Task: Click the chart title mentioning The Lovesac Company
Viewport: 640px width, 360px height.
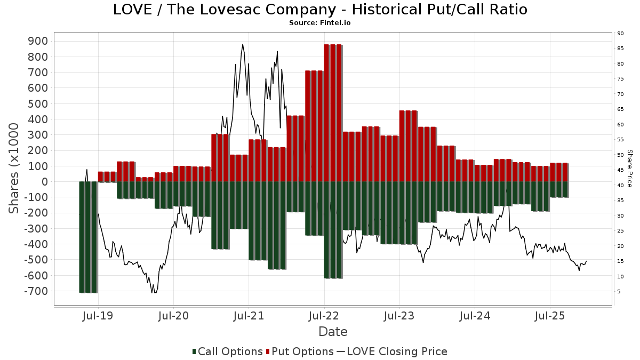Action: click(320, 10)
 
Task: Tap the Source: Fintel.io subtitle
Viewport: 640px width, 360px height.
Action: click(319, 23)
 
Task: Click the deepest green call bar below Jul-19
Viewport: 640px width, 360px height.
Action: click(88, 237)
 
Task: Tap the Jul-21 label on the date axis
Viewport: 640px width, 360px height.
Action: click(249, 316)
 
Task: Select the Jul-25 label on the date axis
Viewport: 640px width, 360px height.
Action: click(550, 316)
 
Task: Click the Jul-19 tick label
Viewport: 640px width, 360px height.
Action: click(98, 316)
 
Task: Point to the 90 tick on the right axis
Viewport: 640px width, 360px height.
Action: click(620, 34)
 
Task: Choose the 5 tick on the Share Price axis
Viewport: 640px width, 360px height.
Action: click(619, 292)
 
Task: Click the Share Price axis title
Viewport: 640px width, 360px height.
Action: click(629, 168)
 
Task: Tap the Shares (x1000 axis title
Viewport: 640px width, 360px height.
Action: click(14, 168)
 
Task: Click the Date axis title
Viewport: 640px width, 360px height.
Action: click(333, 332)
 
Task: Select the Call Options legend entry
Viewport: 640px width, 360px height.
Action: click(228, 351)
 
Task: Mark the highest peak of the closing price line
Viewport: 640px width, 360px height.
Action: click(243, 44)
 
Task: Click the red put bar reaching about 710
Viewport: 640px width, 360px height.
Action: click(314, 126)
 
